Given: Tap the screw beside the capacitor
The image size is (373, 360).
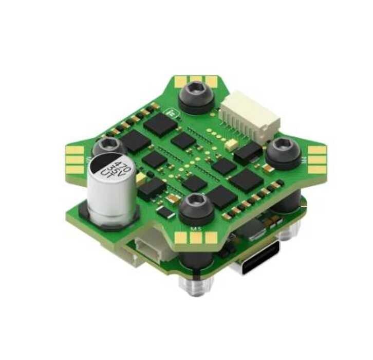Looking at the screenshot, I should [x=109, y=145].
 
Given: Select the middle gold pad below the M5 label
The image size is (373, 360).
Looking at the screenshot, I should [x=196, y=238].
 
